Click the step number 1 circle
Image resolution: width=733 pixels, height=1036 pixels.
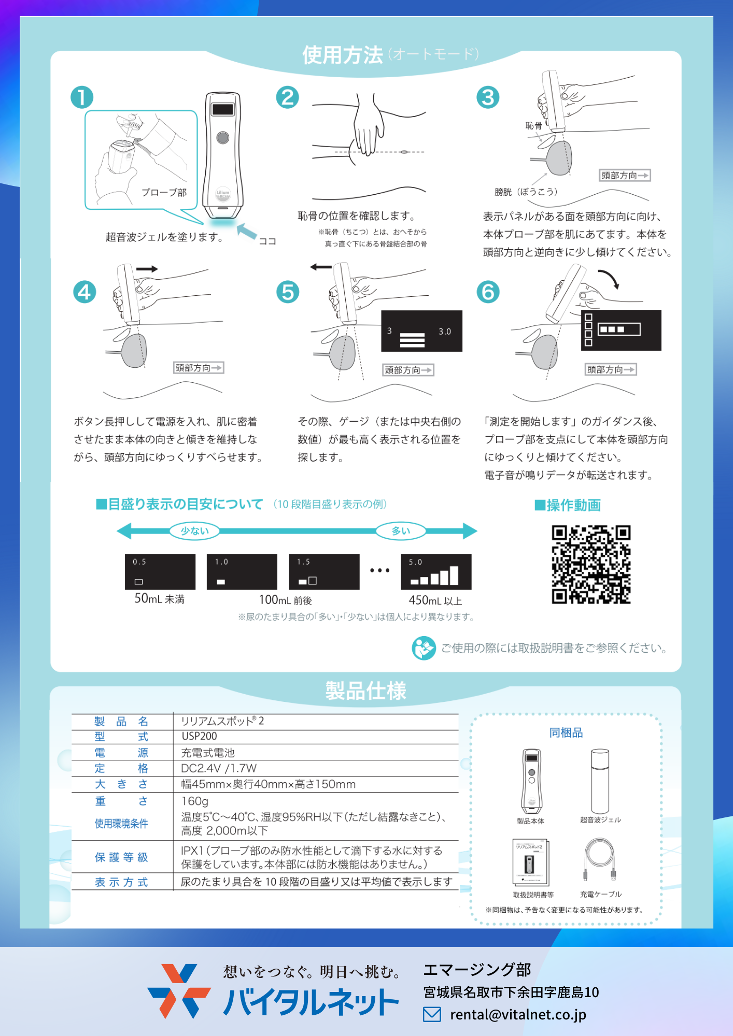82,97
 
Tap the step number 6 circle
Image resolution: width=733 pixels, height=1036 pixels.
488,292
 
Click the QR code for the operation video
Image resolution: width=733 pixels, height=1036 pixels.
591,565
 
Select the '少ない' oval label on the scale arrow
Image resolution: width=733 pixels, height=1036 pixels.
194,531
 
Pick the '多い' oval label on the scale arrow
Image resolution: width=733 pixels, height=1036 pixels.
401,531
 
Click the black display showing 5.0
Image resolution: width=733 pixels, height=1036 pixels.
436,572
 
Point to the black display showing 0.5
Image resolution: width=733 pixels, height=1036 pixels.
160,572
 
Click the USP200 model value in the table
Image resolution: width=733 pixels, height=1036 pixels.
200,736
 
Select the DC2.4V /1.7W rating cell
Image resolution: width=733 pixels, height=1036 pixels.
219,768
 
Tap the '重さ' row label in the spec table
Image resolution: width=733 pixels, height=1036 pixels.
121,801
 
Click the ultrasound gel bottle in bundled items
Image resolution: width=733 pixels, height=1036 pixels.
600,781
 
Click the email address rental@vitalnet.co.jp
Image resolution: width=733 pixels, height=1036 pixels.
518,1015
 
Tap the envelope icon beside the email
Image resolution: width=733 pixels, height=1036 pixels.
432,1014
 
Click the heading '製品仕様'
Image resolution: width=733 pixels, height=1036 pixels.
366,690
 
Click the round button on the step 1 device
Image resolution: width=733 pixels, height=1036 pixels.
223,137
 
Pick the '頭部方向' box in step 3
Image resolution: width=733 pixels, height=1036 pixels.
625,176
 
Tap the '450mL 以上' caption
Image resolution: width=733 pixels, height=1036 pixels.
435,600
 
